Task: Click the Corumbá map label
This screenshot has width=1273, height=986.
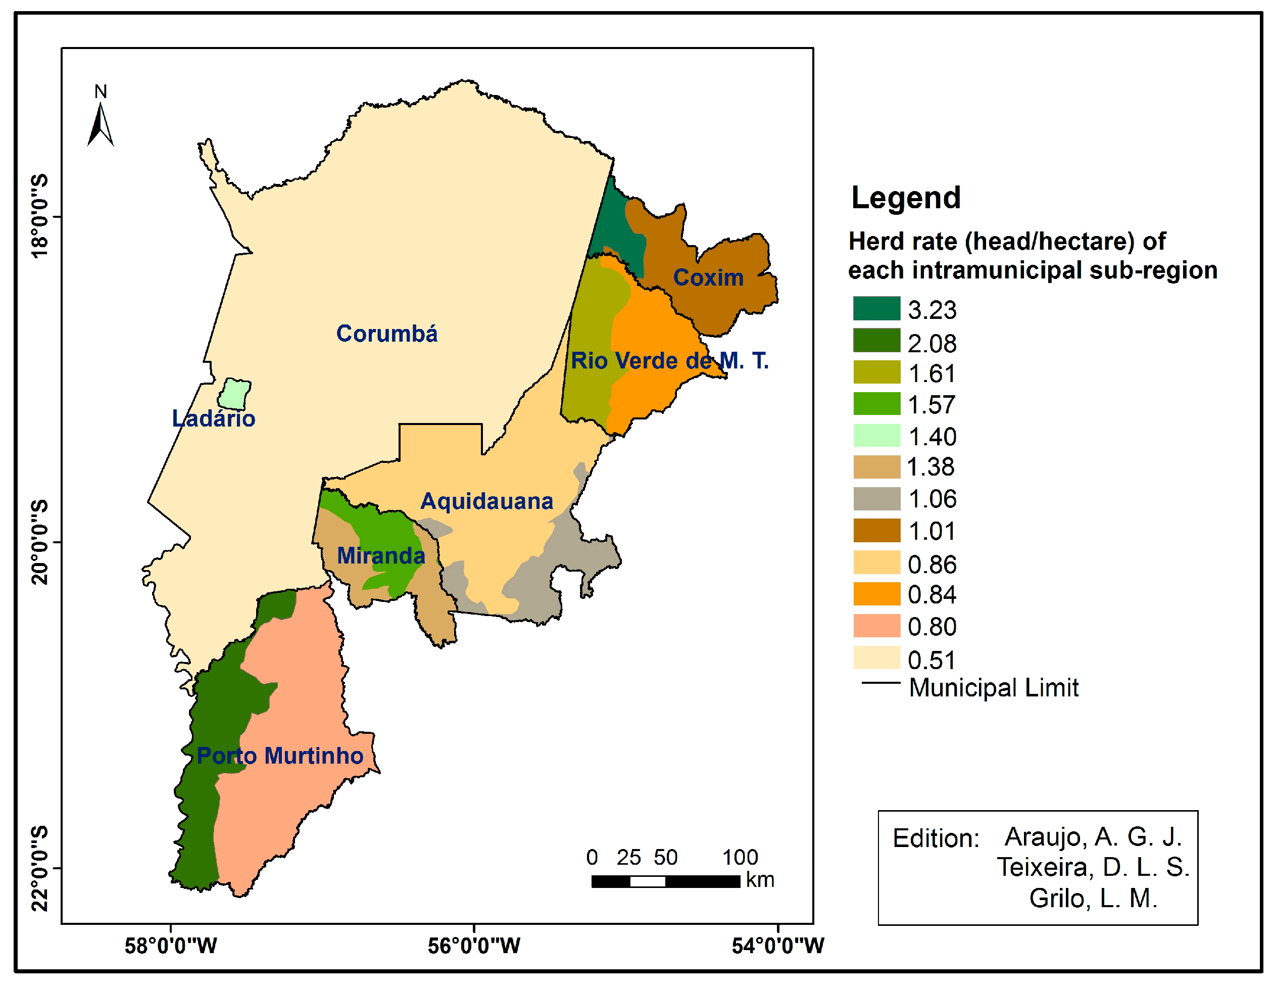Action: coord(386,334)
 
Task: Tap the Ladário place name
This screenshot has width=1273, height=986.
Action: coord(213,418)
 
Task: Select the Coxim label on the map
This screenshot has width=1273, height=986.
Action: coord(708,278)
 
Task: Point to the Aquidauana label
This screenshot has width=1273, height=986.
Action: coord(486,501)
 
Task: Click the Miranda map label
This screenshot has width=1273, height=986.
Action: coord(381,556)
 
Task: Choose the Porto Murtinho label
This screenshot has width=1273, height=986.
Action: coord(280,756)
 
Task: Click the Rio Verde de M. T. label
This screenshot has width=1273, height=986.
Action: coord(670,361)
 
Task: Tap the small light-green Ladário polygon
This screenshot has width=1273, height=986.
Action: coord(234,395)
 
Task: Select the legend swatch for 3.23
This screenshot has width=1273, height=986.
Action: coord(876,308)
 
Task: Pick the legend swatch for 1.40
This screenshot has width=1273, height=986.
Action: coord(876,436)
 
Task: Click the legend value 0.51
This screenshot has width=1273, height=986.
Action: coord(932,661)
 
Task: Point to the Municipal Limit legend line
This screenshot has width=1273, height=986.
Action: coord(880,683)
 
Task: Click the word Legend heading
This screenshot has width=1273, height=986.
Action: coord(906,198)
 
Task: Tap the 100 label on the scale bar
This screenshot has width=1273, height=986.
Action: coord(740,858)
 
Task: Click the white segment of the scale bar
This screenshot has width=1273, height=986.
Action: coord(648,881)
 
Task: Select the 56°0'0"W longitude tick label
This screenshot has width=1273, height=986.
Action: coord(474,946)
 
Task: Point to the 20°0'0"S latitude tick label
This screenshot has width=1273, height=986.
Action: coord(39,542)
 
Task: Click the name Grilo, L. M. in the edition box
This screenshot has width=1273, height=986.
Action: coord(1093,899)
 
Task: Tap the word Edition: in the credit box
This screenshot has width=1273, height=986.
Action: coord(936,838)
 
